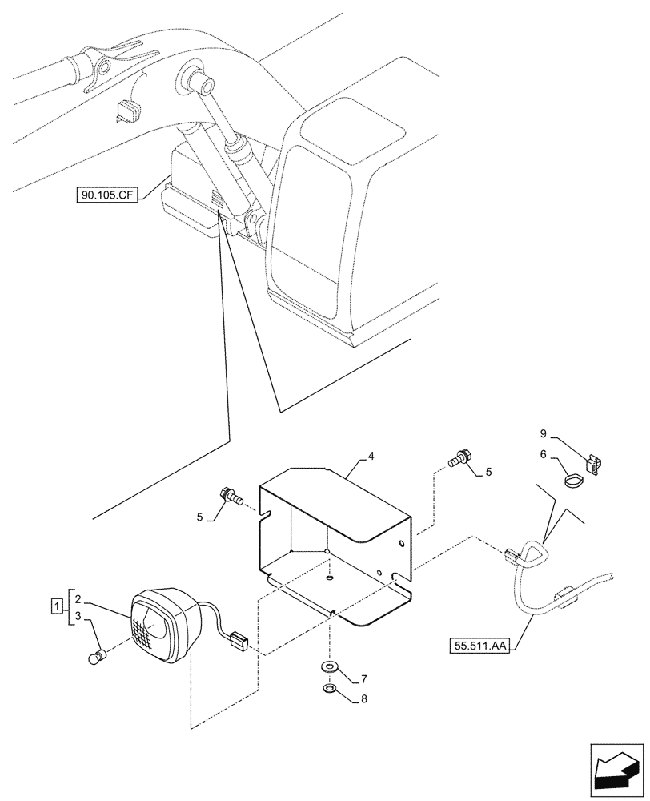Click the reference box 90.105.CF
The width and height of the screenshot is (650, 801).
click(106, 194)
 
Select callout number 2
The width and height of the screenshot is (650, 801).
click(77, 598)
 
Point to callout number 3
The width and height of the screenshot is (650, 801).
click(77, 617)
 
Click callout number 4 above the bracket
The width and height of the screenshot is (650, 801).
click(371, 457)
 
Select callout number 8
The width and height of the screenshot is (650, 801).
click(363, 698)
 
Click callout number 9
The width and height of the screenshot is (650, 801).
click(543, 435)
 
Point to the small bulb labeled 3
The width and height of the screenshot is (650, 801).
click(94, 658)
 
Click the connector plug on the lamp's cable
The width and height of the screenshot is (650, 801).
click(239, 642)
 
